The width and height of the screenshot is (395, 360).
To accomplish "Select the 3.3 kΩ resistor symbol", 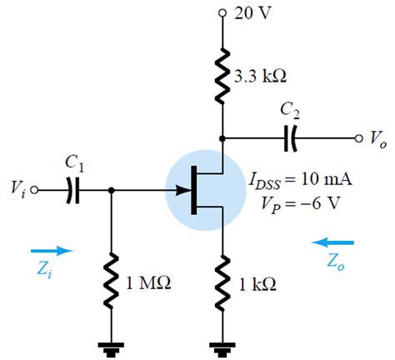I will click(222, 75).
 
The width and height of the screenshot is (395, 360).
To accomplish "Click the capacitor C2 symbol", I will click(291, 139).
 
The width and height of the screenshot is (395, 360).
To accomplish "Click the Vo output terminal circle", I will click(358, 139).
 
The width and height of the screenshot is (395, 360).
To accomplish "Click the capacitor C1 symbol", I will click(72, 191).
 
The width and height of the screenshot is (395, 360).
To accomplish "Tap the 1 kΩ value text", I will click(257, 284).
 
